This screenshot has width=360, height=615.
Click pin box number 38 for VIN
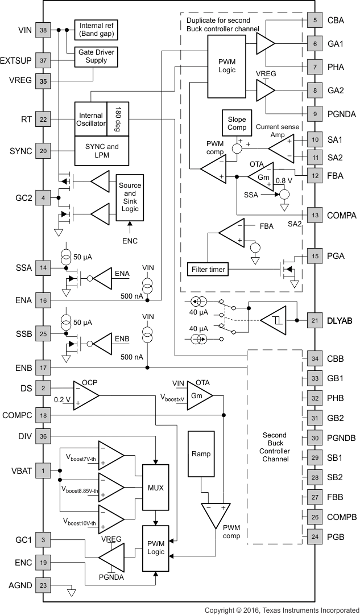pos(43,30)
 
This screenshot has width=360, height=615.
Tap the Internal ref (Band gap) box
pos(96,30)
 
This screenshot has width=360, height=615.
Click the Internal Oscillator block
pos(90,119)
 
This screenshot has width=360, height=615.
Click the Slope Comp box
pos(237,124)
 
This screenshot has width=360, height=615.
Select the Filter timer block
pos(206,269)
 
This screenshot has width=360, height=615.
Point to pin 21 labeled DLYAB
pos(315,320)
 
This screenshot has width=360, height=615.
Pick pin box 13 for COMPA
pos(315,215)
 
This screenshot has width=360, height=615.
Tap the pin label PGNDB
pos(342,437)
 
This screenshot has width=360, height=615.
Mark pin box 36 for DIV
pos(43,436)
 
